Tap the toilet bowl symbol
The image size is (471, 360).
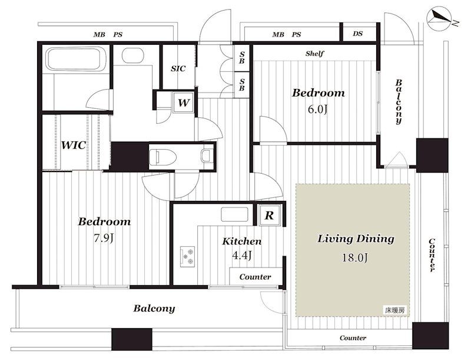(162, 156)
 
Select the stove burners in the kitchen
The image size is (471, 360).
(187, 257)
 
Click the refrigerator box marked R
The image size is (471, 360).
(270, 215)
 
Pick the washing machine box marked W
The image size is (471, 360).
(183, 103)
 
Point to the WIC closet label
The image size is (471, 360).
(74, 145)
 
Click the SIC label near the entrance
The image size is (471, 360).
(178, 68)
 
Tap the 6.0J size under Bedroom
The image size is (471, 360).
(317, 109)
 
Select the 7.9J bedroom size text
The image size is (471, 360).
(104, 238)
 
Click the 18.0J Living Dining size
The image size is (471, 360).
(355, 257)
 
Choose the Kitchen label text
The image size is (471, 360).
(242, 241)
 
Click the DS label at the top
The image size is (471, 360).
(357, 34)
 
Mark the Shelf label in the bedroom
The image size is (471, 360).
(314, 54)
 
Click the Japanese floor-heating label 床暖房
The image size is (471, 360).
(395, 311)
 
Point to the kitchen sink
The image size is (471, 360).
(234, 214)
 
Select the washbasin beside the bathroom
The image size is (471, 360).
(134, 55)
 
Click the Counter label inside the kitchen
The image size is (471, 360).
(255, 277)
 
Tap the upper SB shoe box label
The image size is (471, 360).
(242, 57)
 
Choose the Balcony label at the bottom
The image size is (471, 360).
(154, 309)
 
